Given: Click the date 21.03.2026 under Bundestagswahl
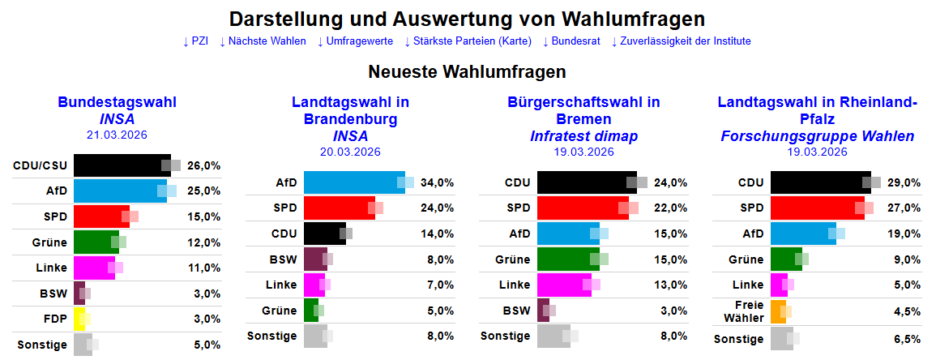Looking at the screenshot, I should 117,135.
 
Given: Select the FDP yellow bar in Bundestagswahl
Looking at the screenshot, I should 79,319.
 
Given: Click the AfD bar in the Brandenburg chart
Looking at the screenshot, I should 353,182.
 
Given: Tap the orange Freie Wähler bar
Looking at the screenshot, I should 778,311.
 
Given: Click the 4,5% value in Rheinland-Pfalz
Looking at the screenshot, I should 905,311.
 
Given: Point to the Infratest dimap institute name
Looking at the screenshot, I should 583,135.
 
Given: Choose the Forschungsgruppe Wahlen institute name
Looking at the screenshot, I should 817,135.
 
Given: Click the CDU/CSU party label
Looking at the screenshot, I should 41,165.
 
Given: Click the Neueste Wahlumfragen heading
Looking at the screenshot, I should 467,71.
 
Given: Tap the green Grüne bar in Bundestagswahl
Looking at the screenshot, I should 96,242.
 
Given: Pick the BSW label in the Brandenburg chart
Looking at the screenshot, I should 284,259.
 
